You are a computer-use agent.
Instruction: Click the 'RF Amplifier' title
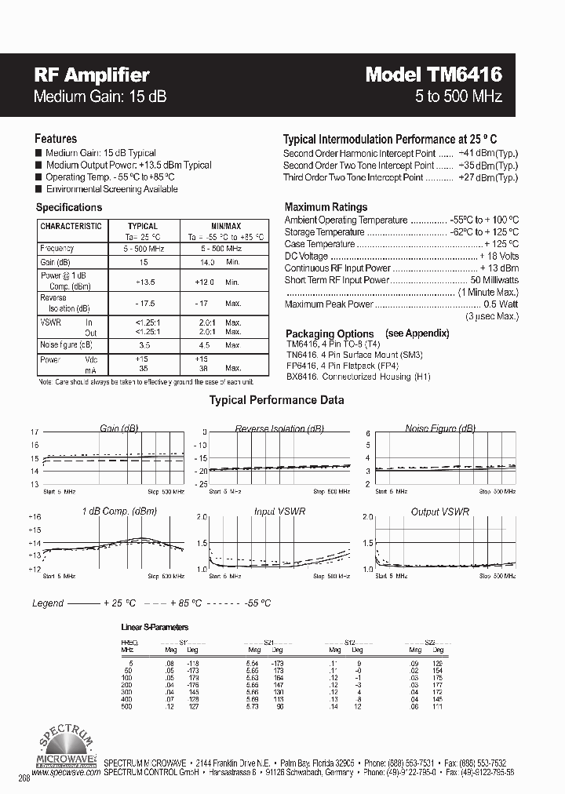(x=91, y=75)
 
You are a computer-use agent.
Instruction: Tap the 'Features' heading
(x=56, y=138)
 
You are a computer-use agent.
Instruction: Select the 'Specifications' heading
(x=69, y=207)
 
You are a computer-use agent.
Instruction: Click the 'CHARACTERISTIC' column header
(x=71, y=226)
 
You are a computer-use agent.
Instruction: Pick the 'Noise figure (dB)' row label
(x=66, y=344)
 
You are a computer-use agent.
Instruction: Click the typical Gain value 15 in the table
(x=143, y=262)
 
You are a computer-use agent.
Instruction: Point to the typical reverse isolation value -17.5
(x=143, y=303)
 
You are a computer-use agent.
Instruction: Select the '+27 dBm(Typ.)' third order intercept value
(x=487, y=177)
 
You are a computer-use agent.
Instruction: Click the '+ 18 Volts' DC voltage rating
(x=499, y=256)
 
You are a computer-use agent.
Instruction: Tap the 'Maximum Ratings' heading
(x=326, y=207)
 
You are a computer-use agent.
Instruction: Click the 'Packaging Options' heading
(x=330, y=333)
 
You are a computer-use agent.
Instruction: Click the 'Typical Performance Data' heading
(x=276, y=400)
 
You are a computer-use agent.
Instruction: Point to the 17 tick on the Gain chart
(x=34, y=432)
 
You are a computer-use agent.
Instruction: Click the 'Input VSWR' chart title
(x=280, y=512)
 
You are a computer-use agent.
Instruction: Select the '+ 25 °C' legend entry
(x=119, y=603)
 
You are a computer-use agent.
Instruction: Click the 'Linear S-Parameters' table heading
(x=155, y=628)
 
